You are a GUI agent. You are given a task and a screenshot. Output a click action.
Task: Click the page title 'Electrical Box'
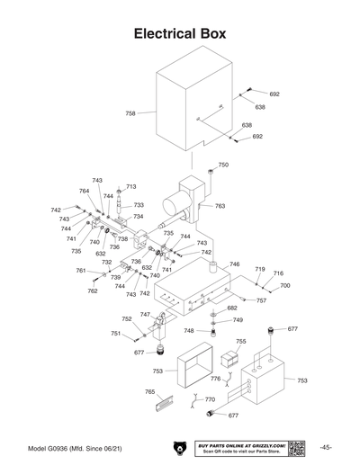[179, 34]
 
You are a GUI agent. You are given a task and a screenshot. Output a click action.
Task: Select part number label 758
[130, 113]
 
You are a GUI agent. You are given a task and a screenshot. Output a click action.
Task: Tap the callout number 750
[223, 165]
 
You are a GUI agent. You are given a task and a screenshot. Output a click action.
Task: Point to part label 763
[220, 206]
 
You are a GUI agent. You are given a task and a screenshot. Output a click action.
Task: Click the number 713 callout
[130, 186]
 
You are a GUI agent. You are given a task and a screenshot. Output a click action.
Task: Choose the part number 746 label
[234, 264]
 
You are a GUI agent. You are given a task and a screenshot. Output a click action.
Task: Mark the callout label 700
[285, 285]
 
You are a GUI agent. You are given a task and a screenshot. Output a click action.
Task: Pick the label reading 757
[261, 300]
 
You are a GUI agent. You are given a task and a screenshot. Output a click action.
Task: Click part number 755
[240, 342]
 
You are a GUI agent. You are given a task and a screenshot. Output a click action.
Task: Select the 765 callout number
[149, 392]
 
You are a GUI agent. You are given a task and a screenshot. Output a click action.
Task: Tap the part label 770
[210, 399]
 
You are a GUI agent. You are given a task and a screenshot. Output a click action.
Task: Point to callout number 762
[92, 291]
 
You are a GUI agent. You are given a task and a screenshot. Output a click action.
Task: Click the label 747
[145, 315]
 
